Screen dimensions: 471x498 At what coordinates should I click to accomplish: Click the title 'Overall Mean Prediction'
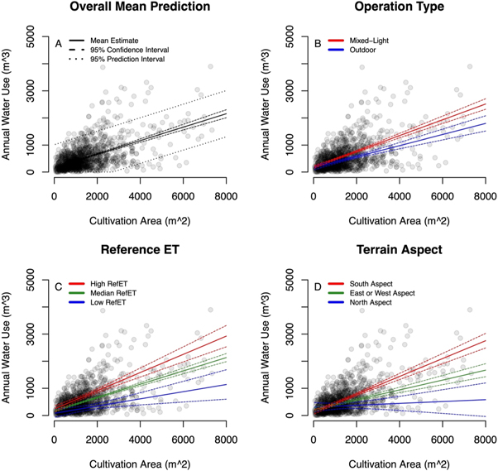[x=138, y=7]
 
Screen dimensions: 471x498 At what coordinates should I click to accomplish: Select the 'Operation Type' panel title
[x=400, y=7]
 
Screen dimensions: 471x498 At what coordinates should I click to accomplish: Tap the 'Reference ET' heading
[x=138, y=250]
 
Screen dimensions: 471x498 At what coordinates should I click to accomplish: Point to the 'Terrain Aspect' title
[x=400, y=250]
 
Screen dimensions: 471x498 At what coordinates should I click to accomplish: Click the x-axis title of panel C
[x=138, y=461]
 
